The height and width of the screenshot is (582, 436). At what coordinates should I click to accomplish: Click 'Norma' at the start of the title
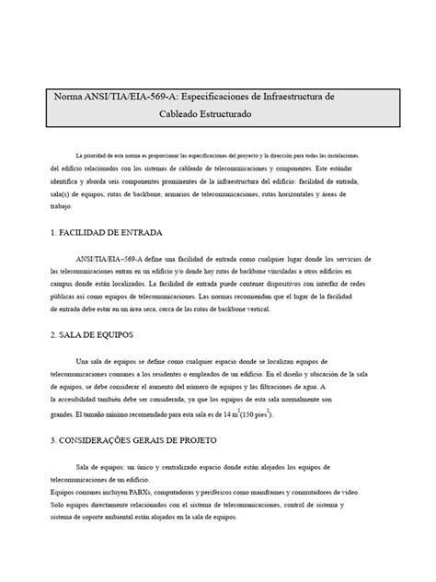pos(67,97)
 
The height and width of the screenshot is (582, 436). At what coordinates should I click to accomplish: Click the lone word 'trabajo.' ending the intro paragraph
pos(62,207)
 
